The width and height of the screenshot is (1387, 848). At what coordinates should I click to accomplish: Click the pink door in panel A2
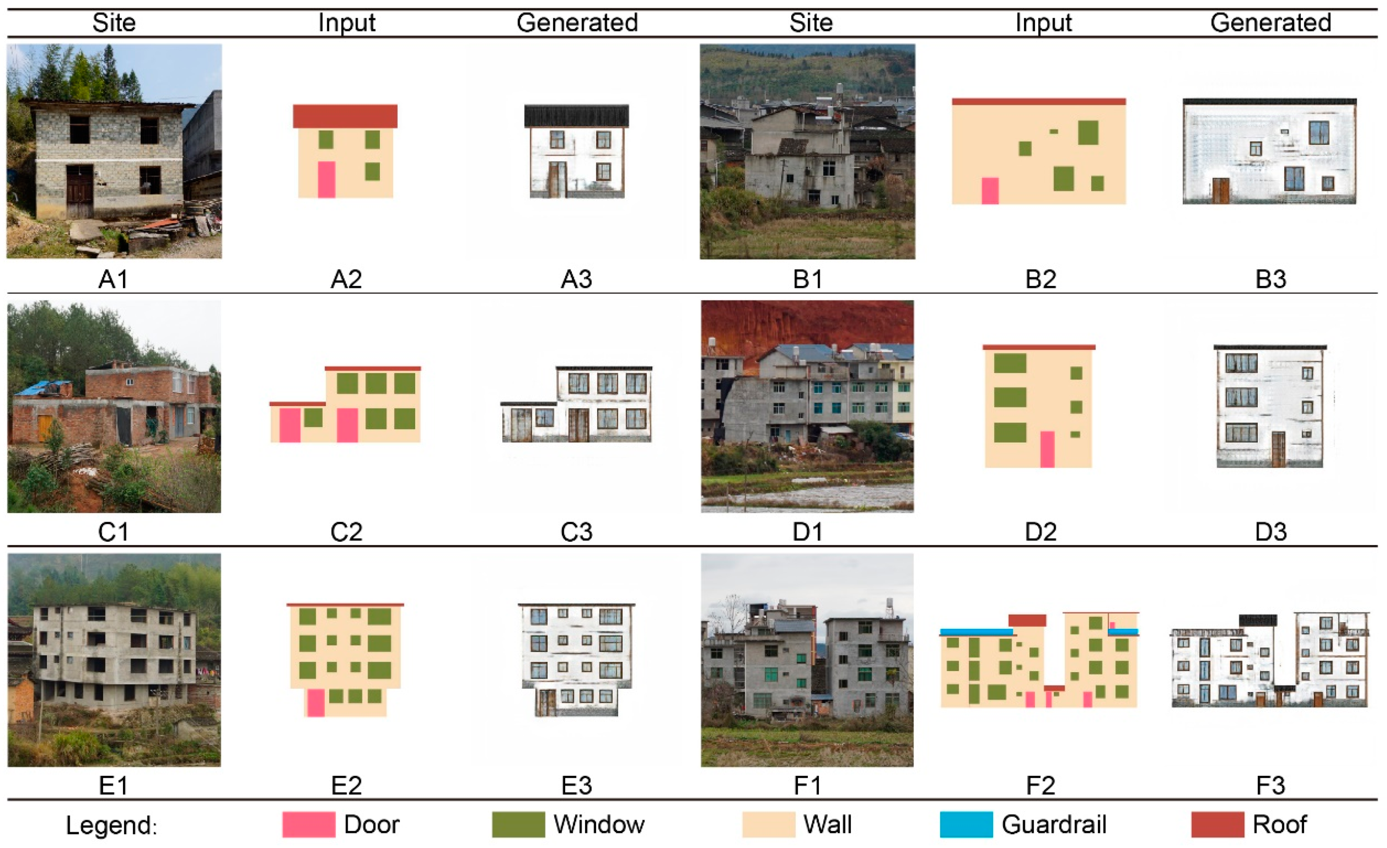pos(327,179)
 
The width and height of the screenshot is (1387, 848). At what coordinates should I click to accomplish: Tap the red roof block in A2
pos(345,116)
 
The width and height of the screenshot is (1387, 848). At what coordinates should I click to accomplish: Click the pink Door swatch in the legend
pos(308,824)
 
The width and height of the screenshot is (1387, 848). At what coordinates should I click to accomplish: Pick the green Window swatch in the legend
pos(518,824)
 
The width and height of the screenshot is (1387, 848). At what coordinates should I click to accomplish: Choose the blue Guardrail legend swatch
pos(966,824)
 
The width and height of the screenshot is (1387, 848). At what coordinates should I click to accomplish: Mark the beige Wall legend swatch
pos(768,824)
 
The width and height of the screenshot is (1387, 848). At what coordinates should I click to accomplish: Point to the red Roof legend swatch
pos(1217,824)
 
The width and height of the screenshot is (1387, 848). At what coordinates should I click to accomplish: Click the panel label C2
pos(346,532)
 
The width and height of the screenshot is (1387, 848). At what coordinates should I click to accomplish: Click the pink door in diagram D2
pos(1047,449)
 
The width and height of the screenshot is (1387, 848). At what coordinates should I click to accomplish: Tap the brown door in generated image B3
pos(1220,190)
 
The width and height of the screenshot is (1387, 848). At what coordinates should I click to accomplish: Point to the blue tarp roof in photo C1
pos(42,387)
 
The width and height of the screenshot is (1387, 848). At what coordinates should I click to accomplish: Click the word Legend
pos(111,825)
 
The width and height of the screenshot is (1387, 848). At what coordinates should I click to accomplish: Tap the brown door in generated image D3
pos(1278,449)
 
